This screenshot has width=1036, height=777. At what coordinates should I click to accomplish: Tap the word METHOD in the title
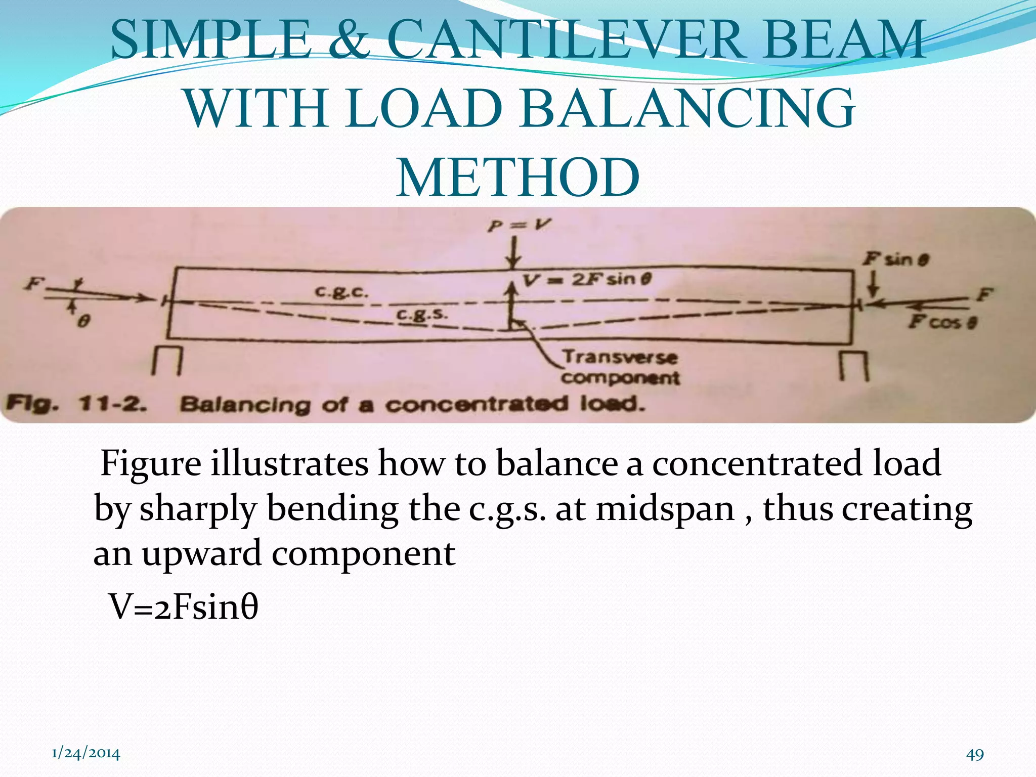point(518,178)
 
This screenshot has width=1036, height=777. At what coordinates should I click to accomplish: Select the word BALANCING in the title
point(687,109)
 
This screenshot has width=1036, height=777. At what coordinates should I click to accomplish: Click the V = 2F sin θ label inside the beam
point(587,279)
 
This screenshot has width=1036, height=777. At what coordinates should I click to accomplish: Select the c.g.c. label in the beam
point(341,292)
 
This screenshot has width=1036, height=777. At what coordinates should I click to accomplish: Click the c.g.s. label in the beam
point(421,315)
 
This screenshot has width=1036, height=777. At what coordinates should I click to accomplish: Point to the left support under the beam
point(166,361)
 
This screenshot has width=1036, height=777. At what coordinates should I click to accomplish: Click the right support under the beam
point(854,365)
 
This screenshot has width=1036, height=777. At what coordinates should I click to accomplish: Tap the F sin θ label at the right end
point(895,260)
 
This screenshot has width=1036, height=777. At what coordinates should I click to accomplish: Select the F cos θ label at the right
point(942,322)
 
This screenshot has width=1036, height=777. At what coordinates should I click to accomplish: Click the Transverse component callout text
point(620,367)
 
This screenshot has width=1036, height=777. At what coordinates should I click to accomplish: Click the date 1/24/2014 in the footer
point(86,753)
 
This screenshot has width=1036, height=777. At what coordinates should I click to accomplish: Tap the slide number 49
point(975,754)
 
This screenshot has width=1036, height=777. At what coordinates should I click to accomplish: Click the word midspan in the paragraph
point(665,509)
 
